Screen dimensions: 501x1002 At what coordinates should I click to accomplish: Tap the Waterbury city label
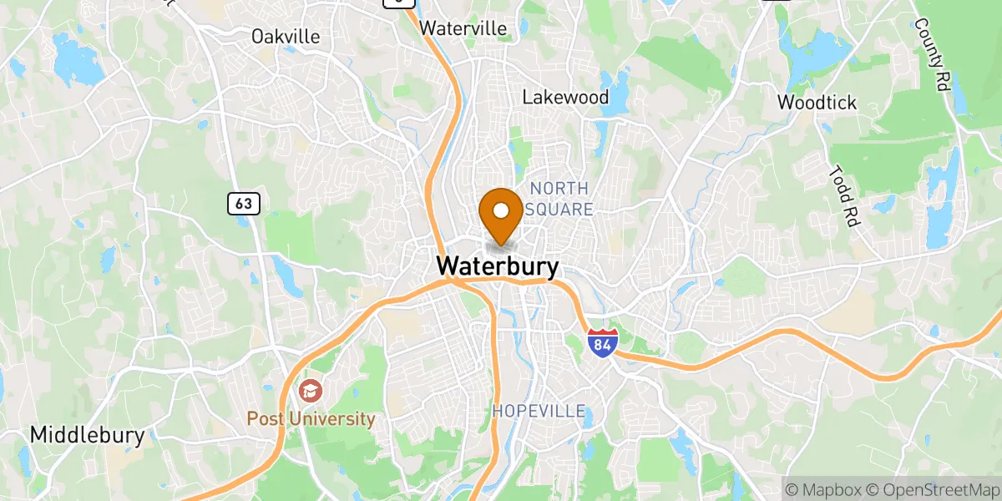point(498,266)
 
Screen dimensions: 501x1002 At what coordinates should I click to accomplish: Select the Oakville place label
point(286,37)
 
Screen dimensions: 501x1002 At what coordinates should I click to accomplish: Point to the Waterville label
point(463,28)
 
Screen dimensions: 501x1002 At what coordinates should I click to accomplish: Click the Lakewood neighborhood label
point(565,97)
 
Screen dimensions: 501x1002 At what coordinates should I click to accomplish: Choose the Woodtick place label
point(817,103)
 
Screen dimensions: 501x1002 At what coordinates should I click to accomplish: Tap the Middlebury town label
point(87,435)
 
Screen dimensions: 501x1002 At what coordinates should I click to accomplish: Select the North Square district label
point(559,199)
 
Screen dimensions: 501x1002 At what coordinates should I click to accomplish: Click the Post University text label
point(311,418)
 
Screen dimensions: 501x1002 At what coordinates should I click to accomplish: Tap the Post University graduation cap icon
point(310,390)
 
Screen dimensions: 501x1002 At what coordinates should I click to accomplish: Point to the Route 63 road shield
point(244,202)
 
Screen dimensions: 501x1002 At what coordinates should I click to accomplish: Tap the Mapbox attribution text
point(822,488)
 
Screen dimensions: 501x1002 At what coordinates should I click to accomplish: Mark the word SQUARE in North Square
point(559,210)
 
